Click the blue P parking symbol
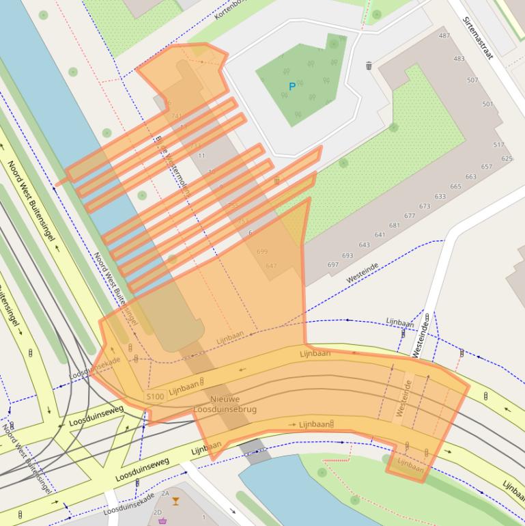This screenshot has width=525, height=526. (x=292, y=87)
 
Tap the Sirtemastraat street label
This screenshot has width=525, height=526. (x=477, y=38)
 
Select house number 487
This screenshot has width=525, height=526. (x=444, y=36)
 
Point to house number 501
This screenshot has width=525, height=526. (x=487, y=105)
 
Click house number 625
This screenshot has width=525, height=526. (x=507, y=158)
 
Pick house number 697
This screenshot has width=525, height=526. (x=333, y=264)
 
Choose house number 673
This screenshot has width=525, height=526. (x=425, y=206)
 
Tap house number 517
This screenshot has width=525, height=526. (x=498, y=145)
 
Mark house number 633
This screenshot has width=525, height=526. (x=440, y=197)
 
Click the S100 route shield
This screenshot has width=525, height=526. (x=155, y=396)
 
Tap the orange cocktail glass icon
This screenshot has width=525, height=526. (x=176, y=501)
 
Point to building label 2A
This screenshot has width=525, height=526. (x=165, y=493)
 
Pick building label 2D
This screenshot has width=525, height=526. (x=158, y=512)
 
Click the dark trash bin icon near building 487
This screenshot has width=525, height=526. (x=369, y=66)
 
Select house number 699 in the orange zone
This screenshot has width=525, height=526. (x=262, y=251)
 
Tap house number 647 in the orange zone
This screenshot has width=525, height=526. (x=271, y=266)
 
